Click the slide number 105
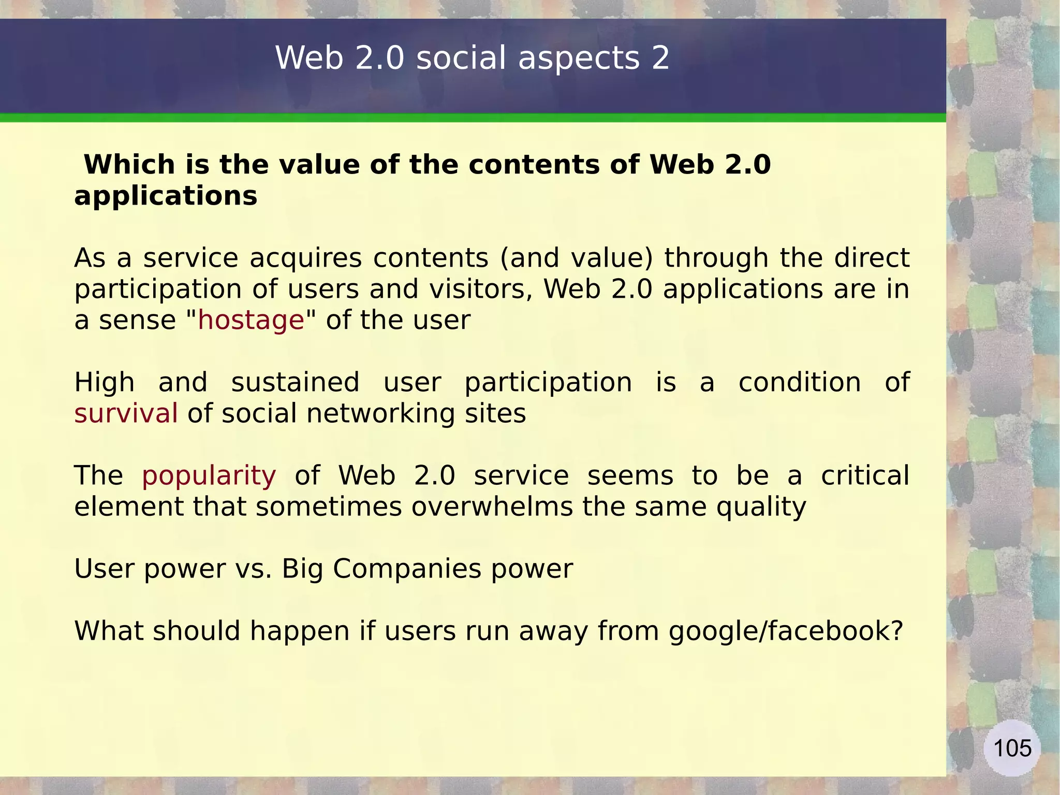(x=1012, y=748)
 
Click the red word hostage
(x=251, y=320)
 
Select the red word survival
(x=126, y=413)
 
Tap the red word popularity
(x=209, y=476)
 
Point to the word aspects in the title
(x=579, y=59)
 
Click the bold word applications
(x=166, y=197)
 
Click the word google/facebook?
(x=786, y=631)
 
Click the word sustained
(x=295, y=383)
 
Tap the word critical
(x=865, y=475)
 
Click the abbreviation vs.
(x=254, y=569)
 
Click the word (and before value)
(x=529, y=258)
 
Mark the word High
(x=105, y=383)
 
